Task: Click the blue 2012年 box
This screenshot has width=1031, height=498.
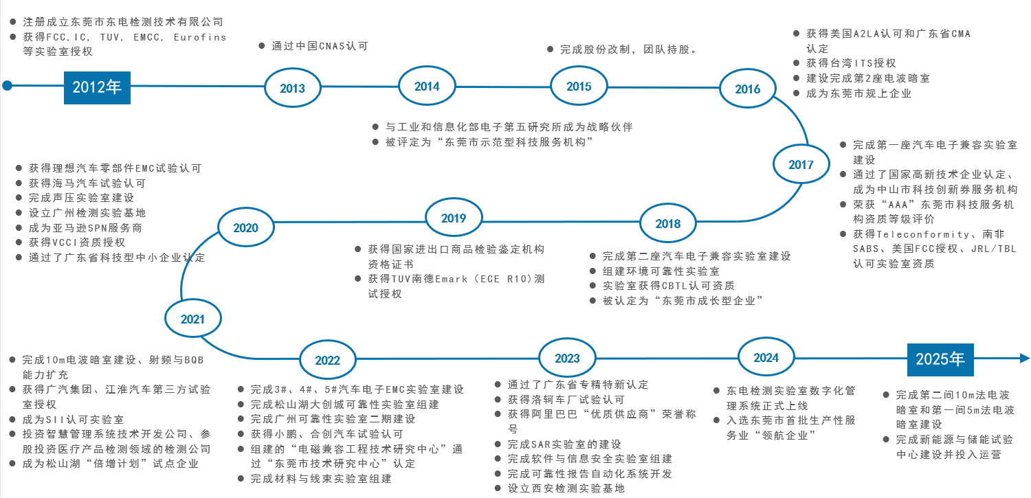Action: [x=97, y=87]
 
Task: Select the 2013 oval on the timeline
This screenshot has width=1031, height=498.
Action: [x=292, y=88]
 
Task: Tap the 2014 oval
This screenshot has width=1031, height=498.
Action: [x=427, y=86]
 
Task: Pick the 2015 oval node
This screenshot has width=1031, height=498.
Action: [x=579, y=86]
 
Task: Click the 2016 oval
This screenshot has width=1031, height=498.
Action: [x=748, y=89]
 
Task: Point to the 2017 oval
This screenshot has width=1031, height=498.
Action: [x=801, y=164]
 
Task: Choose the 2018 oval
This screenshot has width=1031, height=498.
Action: [x=668, y=223]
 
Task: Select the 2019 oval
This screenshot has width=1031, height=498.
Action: [x=454, y=218]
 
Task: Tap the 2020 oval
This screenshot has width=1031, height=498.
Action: [x=245, y=228]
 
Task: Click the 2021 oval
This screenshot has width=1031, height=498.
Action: [x=193, y=319]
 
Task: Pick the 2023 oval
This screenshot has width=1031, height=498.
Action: [x=567, y=358]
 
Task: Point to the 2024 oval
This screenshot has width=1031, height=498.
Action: [x=766, y=357]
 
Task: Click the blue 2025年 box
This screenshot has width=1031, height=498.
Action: [x=940, y=359]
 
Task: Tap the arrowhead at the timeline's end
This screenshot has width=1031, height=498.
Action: [x=1024, y=358]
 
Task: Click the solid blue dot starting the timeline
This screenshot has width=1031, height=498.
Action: [x=8, y=86]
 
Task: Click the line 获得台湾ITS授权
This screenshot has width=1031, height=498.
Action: [x=851, y=63]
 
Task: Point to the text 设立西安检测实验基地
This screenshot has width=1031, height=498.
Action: [x=566, y=488]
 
